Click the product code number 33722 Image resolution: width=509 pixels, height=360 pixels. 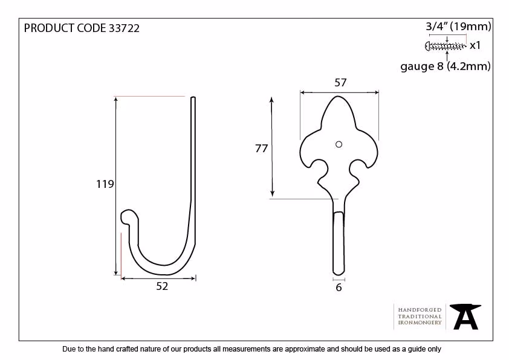tap(124, 28)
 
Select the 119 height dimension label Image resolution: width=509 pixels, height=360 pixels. tap(105, 184)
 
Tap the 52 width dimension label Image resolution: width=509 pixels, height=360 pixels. tap(162, 286)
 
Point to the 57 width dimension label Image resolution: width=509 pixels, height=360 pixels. tap(340, 82)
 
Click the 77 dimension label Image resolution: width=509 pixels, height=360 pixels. tap(261, 149)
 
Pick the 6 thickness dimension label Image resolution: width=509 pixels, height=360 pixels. tap(339, 288)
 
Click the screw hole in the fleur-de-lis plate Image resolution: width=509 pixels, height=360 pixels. tap(339, 144)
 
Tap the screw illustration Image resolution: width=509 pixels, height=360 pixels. tap(445, 46)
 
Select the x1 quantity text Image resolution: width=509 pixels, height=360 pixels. tap(475, 45)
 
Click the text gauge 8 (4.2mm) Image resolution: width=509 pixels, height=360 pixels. tap(446, 66)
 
